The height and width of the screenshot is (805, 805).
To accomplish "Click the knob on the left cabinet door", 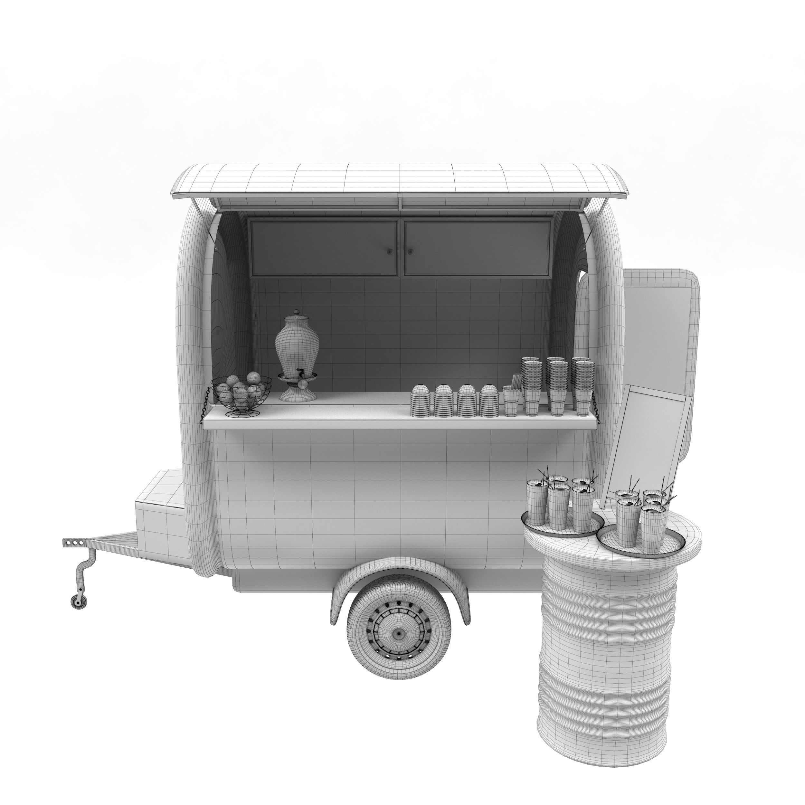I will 390,252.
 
